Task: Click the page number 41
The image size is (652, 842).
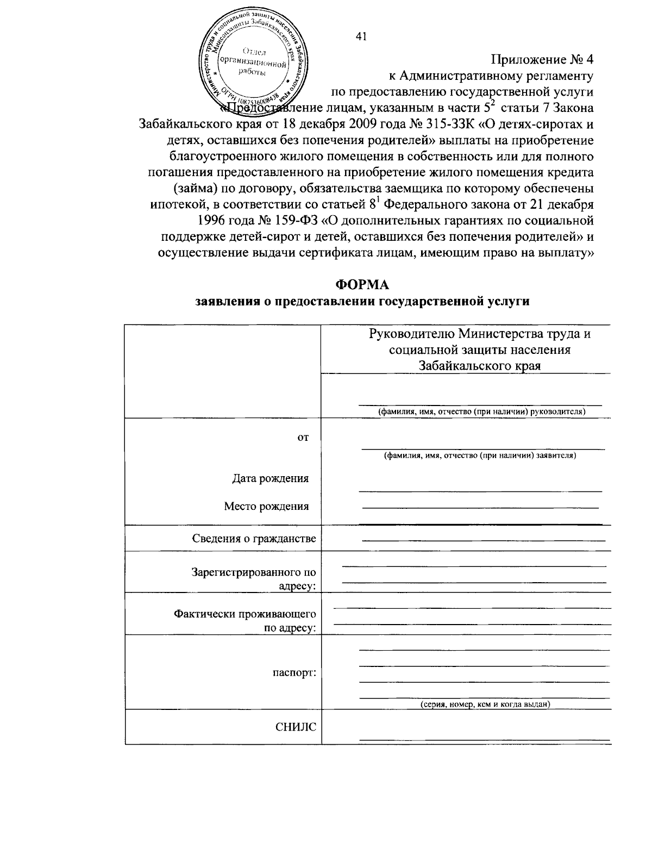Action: point(361,36)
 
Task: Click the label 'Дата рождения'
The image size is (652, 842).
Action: point(270,478)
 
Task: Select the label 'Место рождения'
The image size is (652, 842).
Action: point(266,507)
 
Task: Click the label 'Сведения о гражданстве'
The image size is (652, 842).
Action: point(254,539)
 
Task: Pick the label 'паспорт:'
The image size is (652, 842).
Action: point(294,672)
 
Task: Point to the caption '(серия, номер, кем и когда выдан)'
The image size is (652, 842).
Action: point(486,704)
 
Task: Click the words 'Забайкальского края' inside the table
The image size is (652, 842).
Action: point(480,365)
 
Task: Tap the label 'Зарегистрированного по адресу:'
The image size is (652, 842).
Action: point(254,579)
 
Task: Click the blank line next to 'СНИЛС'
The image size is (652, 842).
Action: point(484,738)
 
